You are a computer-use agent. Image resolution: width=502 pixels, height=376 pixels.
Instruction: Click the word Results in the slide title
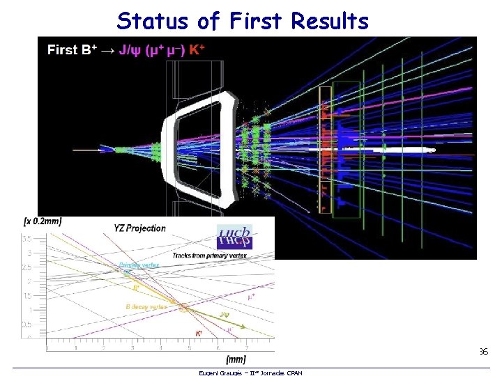330,21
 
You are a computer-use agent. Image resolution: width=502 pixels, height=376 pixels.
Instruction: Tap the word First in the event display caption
63,49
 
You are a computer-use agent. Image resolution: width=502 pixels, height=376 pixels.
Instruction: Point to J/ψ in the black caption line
130,49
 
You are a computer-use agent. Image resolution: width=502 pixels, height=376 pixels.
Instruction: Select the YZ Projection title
141,228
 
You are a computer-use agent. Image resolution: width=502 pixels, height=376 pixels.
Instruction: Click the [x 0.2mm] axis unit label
43,221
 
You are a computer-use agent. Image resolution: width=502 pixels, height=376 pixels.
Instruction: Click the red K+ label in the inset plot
199,334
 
